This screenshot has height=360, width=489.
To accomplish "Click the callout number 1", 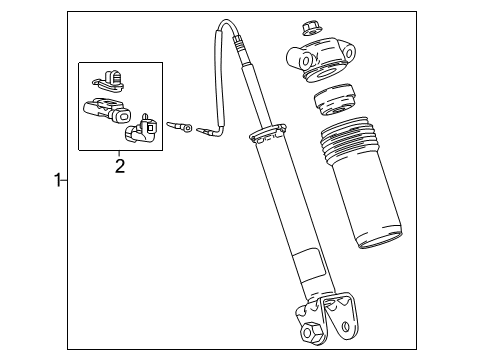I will tap(58, 180).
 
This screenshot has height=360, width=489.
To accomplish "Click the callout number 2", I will tap(120, 166).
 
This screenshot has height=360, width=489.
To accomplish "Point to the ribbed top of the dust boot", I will tap(350, 140).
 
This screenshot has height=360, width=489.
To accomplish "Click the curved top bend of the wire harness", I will tap(219, 30).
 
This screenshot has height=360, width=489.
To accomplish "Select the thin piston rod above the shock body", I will tap(246, 90).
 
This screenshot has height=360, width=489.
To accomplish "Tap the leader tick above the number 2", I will tap(120, 152).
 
